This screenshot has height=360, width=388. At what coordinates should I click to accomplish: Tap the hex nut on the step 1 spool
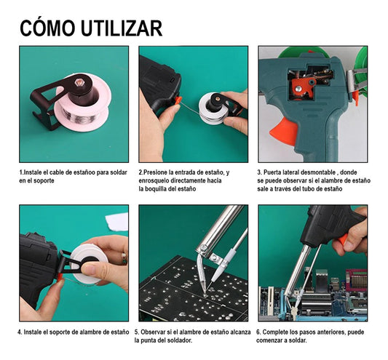coord(79,92)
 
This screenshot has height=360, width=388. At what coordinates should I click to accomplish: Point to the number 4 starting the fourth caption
coord(20,332)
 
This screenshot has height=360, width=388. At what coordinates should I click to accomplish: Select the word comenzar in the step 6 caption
coord(274,340)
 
